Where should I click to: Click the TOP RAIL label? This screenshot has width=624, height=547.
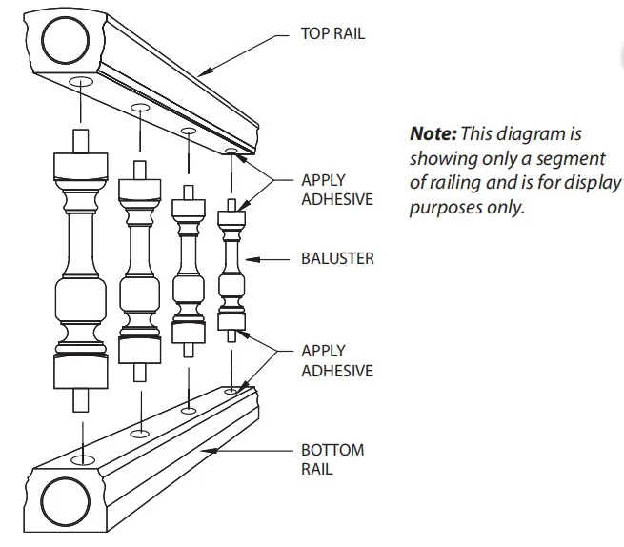332,34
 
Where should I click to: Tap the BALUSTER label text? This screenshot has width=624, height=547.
337,258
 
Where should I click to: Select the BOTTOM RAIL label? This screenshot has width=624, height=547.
332,459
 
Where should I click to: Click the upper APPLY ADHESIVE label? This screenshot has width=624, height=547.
337,189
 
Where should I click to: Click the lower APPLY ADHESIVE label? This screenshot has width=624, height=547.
337,361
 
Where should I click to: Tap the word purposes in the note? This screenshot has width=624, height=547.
448,207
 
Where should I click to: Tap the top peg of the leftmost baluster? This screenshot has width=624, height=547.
80,139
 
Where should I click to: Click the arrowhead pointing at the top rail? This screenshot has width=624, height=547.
202,72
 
